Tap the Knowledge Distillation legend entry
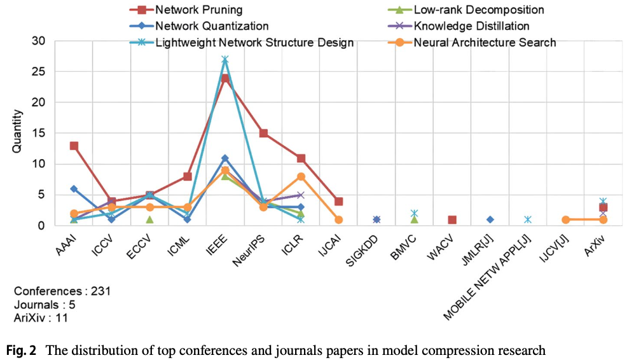471,26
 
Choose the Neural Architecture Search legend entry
485,43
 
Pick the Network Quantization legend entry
211,26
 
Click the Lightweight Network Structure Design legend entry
254,43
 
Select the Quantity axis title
18,133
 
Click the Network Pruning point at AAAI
74,146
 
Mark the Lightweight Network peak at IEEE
225,60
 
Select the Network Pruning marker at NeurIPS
263,134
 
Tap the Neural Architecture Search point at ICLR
301,177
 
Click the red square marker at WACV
451,219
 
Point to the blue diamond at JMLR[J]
490,219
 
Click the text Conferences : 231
62,291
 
